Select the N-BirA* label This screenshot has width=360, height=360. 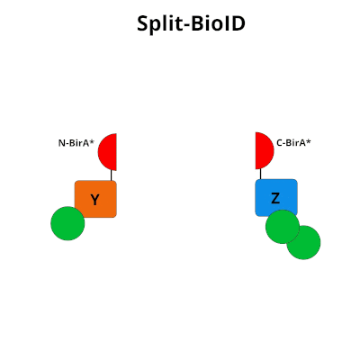click(x=76, y=142)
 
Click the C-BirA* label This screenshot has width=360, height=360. click(x=293, y=141)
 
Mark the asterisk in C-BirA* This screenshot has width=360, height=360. click(x=309, y=139)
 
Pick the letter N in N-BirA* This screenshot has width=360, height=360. click(x=61, y=142)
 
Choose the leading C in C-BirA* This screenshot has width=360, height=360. click(x=279, y=141)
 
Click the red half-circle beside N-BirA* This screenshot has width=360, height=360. click(x=109, y=152)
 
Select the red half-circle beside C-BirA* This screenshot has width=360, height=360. click(x=263, y=150)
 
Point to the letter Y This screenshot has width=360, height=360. click(x=94, y=200)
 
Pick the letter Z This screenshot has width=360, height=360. click(x=275, y=198)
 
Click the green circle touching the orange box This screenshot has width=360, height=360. click(x=67, y=223)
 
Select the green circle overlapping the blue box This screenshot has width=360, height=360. click(x=282, y=226)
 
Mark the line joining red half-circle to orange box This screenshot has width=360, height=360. click(x=112, y=175)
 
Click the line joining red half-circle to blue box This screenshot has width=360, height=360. click(x=257, y=174)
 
